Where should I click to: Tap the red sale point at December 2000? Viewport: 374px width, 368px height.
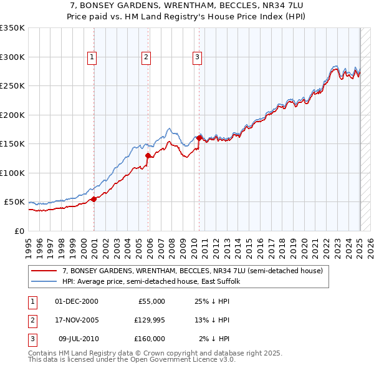coord(93,199)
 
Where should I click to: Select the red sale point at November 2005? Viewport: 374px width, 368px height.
coord(148,156)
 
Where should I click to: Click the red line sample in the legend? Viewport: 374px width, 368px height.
coord(44,271)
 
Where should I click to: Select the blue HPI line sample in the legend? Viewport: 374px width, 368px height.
coord(44,282)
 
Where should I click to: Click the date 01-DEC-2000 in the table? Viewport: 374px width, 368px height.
coord(76,301)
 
